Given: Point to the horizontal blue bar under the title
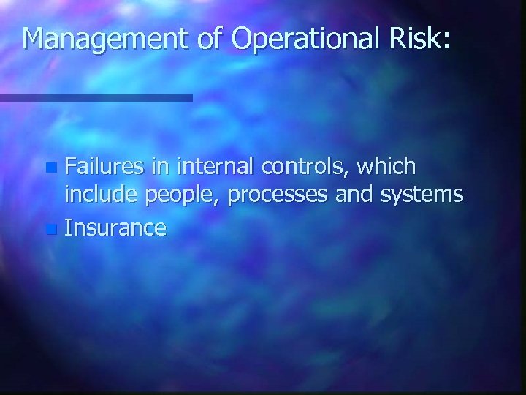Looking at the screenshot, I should pos(96,97).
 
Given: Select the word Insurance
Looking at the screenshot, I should pos(115,228).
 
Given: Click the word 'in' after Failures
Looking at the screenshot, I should pos(158,168).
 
